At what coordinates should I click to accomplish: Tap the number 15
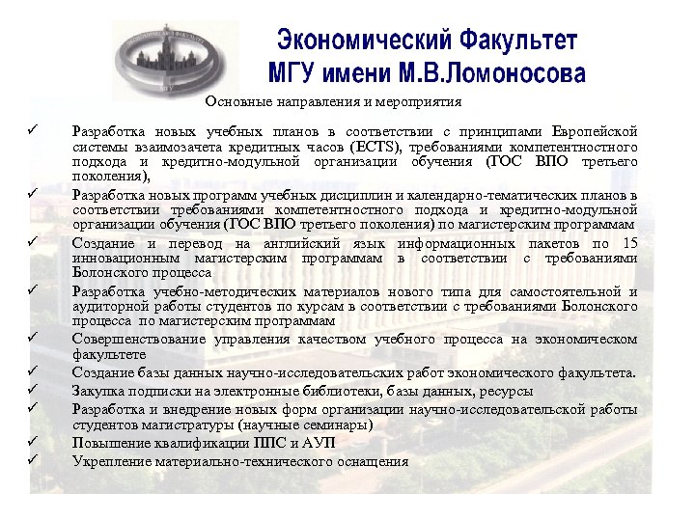point(629,242)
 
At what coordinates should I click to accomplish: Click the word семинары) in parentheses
point(345,425)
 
